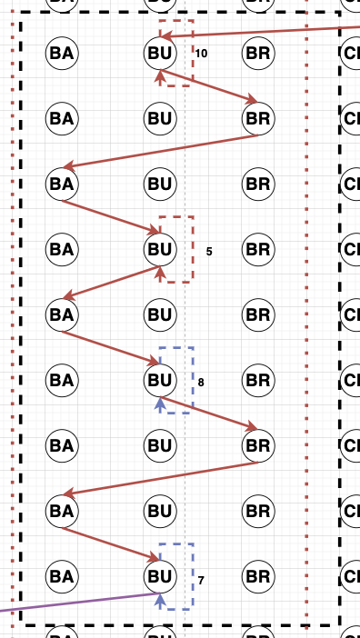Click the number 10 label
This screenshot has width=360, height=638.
point(201,55)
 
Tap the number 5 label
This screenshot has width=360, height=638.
point(209,251)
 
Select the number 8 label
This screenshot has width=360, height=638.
point(201,383)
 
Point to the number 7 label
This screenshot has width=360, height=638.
point(202,579)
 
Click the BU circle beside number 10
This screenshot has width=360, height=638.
point(160,53)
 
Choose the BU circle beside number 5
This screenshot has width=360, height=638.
point(160,248)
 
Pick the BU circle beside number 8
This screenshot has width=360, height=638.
point(160,379)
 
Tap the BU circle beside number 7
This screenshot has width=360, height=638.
point(160,575)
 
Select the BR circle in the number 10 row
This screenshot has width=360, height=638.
point(258,53)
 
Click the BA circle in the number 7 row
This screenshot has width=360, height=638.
point(62,575)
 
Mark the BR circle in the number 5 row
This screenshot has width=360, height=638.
point(258,248)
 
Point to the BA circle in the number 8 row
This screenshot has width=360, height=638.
point(62,379)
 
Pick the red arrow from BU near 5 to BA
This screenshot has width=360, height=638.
point(114,282)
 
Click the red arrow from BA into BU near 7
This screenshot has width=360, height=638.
point(109,543)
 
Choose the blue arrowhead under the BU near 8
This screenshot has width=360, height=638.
point(160,403)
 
